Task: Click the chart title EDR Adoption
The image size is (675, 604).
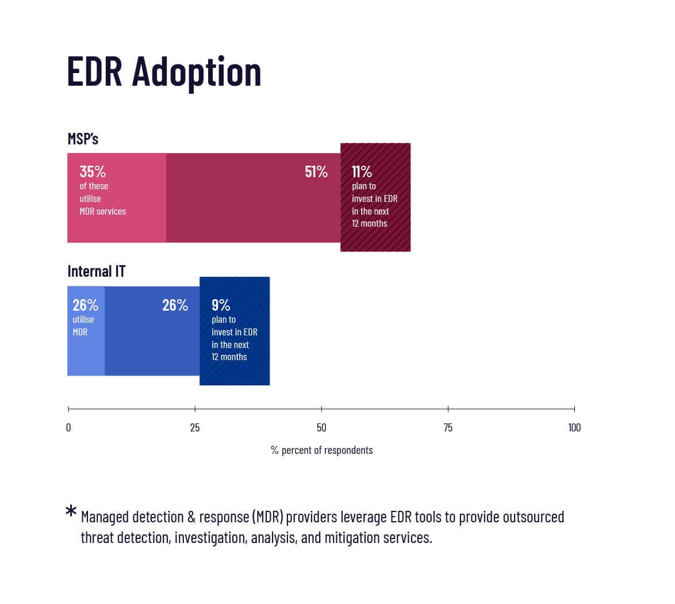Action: pos(164,72)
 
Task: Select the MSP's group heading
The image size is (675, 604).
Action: pos(83,139)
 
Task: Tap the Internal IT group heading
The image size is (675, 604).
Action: pos(96,271)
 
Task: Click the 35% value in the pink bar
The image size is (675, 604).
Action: pos(93,171)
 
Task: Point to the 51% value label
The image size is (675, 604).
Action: pos(316,171)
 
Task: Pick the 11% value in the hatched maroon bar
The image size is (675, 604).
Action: pos(362,171)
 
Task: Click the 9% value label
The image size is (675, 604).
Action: pos(221,305)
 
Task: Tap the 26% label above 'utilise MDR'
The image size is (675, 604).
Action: pos(85,305)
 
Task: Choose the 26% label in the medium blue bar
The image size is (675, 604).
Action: pos(175,305)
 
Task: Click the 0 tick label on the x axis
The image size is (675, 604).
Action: pos(68,427)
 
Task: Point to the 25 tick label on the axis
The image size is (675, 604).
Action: pos(195,427)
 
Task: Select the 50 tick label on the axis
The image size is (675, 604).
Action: pos(321,427)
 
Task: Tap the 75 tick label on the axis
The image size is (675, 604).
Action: pos(448,427)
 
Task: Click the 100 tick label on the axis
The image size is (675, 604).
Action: pos(574,427)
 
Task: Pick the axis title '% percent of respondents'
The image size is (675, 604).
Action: pos(321,450)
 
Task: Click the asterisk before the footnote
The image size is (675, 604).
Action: pos(71,511)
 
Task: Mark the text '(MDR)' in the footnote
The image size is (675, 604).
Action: pos(267,517)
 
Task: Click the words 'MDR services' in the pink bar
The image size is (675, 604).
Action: pos(102,211)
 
